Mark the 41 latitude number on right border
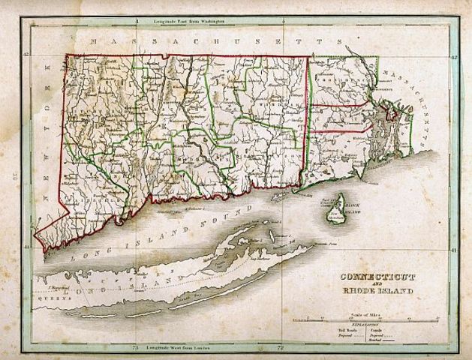454,250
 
